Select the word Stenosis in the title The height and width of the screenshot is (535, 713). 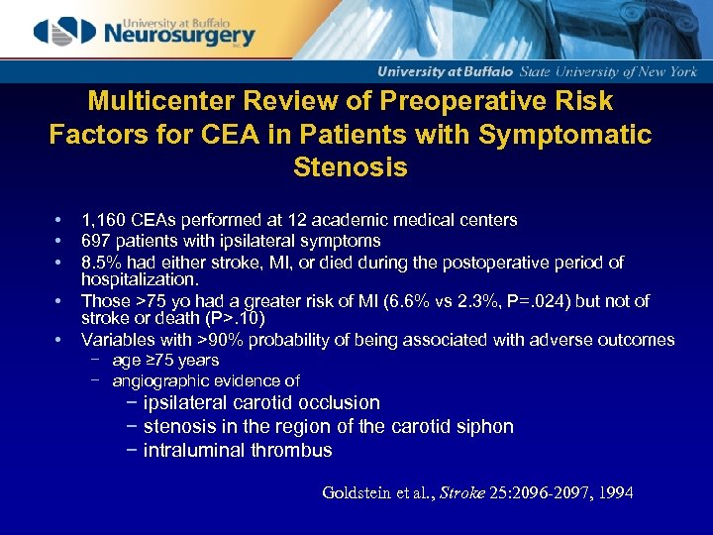351,167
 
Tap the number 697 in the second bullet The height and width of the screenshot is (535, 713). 96,241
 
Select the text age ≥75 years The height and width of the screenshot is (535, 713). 165,361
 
